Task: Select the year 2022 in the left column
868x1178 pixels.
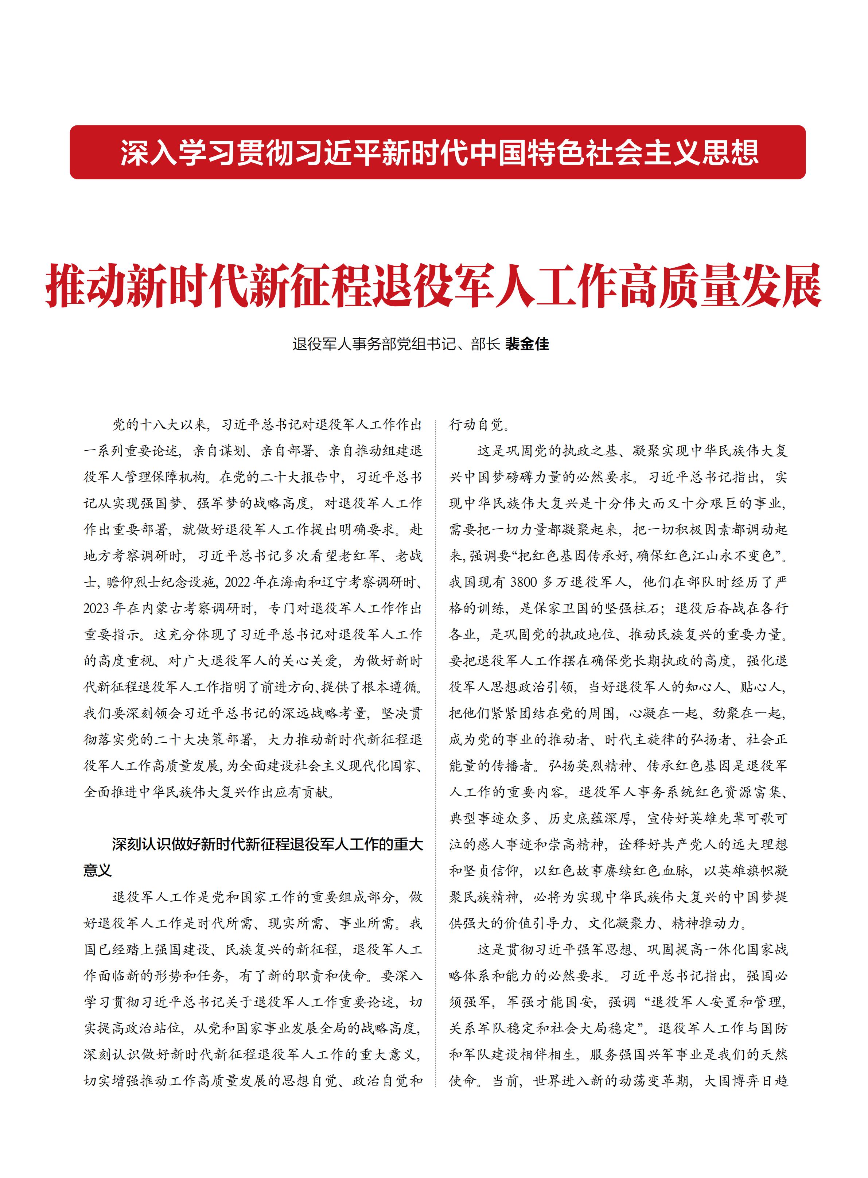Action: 238,582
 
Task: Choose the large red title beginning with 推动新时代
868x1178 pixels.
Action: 434,285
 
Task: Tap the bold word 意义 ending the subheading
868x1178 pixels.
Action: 98,871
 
